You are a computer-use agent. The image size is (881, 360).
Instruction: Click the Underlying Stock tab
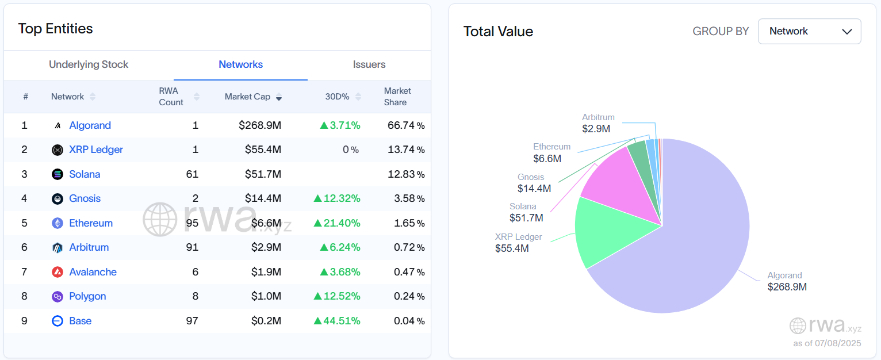point(89,64)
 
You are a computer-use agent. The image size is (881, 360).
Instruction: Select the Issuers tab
point(369,64)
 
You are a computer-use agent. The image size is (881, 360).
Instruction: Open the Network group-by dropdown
point(809,31)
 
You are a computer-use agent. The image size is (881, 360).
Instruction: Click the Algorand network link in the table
point(90,125)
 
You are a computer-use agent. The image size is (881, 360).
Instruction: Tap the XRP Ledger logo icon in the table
point(58,150)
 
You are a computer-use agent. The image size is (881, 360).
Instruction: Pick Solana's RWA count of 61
point(192,174)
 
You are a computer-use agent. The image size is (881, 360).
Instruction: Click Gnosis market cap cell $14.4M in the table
point(263,198)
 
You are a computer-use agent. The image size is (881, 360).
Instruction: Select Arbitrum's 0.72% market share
point(409,247)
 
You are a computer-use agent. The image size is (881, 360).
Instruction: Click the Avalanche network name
point(93,272)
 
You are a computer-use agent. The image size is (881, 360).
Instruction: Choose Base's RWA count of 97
point(192,321)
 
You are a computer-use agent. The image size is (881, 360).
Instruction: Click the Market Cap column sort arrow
point(279,97)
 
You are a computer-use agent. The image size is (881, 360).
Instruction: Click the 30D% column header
point(337,97)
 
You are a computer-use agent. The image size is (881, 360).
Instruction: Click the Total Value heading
point(498,32)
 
